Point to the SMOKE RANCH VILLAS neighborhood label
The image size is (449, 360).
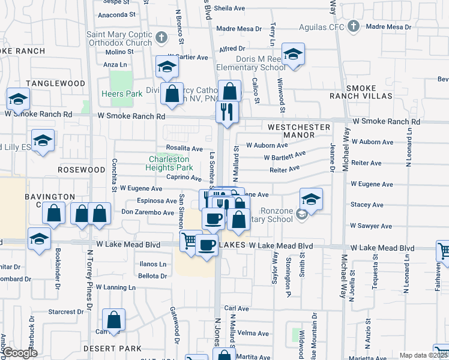(361, 92)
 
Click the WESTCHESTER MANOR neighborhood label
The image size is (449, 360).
(299, 131)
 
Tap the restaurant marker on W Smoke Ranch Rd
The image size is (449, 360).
(227, 112)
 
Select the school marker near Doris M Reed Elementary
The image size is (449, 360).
(293, 55)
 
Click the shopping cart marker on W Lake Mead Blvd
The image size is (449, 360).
(190, 241)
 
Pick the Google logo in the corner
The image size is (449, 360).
(19, 353)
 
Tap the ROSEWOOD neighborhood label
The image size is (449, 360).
(82, 170)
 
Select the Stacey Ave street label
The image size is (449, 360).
(367, 205)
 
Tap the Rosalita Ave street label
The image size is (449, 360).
(184, 148)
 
